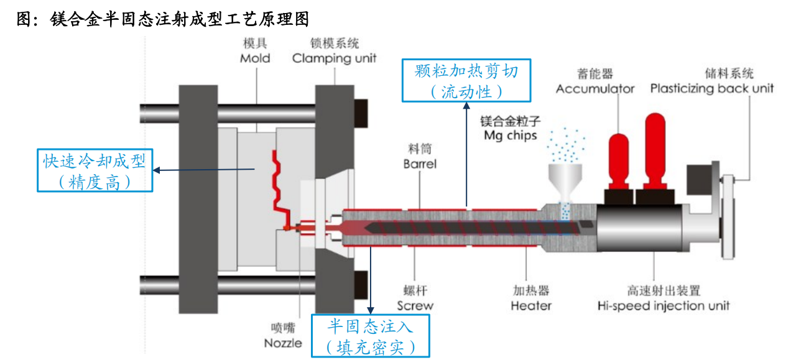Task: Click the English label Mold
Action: (255, 58)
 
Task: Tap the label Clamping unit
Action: (334, 58)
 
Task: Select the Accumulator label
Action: (595, 88)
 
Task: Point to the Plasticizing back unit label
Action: (712, 88)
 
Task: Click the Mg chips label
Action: (511, 136)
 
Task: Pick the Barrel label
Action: (420, 164)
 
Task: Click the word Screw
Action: (415, 306)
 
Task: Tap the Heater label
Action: (531, 306)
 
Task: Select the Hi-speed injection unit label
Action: (663, 306)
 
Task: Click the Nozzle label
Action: (283, 343)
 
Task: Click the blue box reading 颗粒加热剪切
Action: (466, 80)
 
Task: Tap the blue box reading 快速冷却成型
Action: (95, 170)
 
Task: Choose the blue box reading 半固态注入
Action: (371, 336)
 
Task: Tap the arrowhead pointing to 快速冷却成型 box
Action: (157, 170)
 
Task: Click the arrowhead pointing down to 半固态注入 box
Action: (371, 310)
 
